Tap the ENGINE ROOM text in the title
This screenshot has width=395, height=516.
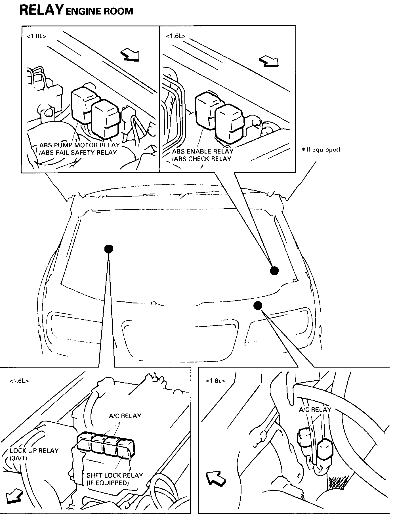click(x=99, y=11)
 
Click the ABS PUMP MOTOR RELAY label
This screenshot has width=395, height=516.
click(x=80, y=145)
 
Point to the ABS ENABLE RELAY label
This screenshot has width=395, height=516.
click(x=203, y=151)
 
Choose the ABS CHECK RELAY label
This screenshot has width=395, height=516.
click(x=202, y=159)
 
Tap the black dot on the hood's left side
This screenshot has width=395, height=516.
click(x=109, y=249)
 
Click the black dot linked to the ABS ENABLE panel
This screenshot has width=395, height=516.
click(x=274, y=271)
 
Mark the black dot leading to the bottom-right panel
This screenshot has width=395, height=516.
click(x=258, y=305)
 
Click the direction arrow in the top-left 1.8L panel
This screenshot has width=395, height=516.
click(x=131, y=55)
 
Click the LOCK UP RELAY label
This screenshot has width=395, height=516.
click(x=34, y=450)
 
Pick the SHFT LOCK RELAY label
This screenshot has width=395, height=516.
click(x=115, y=475)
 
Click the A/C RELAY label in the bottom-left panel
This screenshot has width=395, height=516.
click(x=125, y=416)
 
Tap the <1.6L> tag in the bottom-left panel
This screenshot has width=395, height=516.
click(x=19, y=381)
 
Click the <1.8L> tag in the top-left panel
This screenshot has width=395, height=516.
click(x=37, y=36)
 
